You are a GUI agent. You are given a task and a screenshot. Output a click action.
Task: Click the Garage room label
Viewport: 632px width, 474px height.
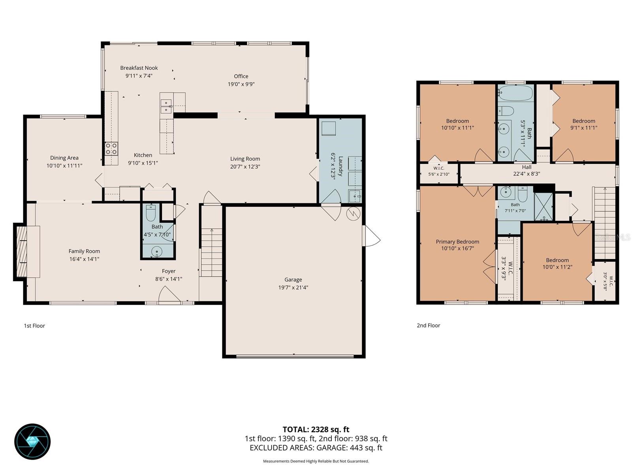pos(293,279)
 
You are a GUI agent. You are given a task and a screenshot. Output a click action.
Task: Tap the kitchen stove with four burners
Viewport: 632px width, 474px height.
pos(111,149)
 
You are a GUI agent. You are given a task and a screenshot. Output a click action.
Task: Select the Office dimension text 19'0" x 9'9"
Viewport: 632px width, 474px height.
pos(241,84)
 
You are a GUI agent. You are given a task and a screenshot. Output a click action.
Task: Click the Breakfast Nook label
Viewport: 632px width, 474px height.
pos(139,68)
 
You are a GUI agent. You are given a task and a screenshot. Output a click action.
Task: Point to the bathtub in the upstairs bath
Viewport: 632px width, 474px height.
pos(515,93)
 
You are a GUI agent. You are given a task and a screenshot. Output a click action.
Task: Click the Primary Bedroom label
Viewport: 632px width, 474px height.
pos(457,242)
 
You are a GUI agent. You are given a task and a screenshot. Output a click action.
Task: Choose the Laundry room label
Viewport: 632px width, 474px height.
pos(340,166)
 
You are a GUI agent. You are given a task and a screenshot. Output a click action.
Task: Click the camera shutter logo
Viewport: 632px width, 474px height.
pos(32,442)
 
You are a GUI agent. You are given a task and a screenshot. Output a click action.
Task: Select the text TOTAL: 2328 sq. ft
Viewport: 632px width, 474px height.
pos(316,430)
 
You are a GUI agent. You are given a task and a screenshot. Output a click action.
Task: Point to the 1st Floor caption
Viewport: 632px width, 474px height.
pos(34,326)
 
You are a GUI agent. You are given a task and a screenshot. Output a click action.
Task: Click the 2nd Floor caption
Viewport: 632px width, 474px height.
pos(429,325)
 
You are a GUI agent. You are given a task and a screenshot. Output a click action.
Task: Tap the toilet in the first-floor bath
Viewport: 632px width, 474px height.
pos(150,213)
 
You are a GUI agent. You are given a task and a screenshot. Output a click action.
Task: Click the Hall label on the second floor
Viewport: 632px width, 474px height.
pos(527,167)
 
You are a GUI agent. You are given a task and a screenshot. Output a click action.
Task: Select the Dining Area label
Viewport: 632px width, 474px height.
pos(64,158)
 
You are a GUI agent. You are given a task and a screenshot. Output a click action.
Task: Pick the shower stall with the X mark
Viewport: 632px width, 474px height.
pos(543,207)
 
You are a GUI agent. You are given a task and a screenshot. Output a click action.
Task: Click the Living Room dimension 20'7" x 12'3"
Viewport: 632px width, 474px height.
pos(245,166)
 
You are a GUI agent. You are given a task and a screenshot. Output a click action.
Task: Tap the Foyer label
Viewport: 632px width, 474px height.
pos(168,271)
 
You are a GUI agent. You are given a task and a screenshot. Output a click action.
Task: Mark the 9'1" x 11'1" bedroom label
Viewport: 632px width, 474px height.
pos(584,128)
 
